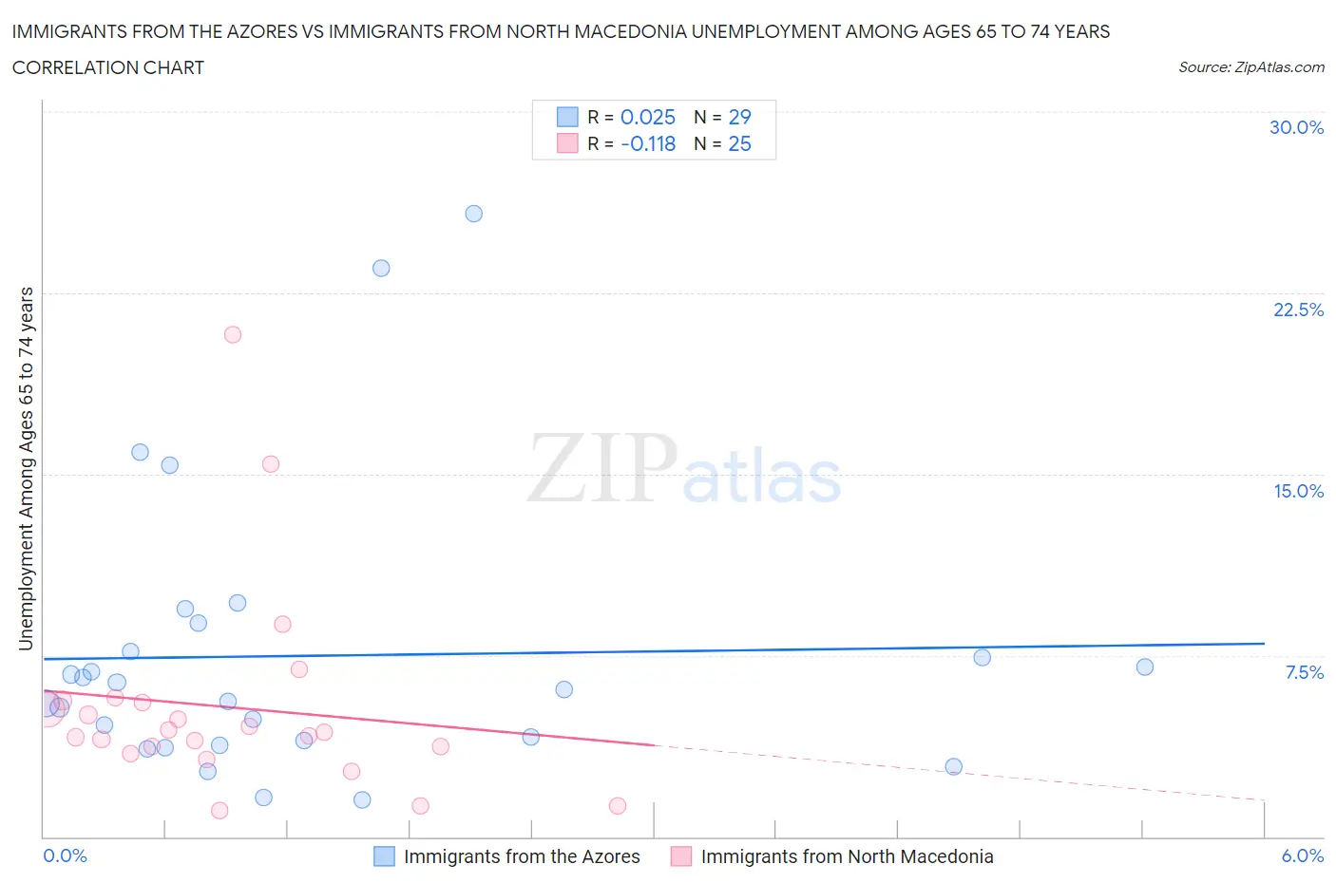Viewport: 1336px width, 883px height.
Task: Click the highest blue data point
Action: click(x=473, y=214)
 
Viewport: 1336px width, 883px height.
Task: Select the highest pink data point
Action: click(x=233, y=334)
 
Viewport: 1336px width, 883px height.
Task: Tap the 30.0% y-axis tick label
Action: click(x=1296, y=127)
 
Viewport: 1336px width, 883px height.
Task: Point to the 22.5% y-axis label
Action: click(x=1298, y=310)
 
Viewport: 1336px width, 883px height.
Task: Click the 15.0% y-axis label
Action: click(x=1298, y=491)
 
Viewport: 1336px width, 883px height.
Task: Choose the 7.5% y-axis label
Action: click(x=1304, y=672)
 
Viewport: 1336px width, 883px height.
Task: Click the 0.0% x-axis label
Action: click(x=66, y=855)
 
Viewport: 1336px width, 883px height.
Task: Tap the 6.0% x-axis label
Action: click(x=1302, y=855)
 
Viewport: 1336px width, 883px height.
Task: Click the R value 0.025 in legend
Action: click(x=647, y=117)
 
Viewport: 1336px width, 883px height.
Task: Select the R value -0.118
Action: click(x=647, y=143)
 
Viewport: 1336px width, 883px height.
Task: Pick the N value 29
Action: click(x=739, y=117)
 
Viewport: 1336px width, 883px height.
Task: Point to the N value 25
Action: click(x=739, y=143)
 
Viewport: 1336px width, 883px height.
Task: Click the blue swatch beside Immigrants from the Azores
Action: click(x=384, y=856)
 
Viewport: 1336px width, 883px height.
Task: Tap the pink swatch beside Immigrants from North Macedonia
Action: click(x=680, y=856)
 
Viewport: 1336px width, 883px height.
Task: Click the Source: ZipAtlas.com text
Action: click(x=1250, y=66)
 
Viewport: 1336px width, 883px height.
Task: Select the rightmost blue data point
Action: click(x=1145, y=667)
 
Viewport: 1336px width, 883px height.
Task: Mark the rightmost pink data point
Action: click(x=618, y=805)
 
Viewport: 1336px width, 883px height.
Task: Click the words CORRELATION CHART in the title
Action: click(x=108, y=67)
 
